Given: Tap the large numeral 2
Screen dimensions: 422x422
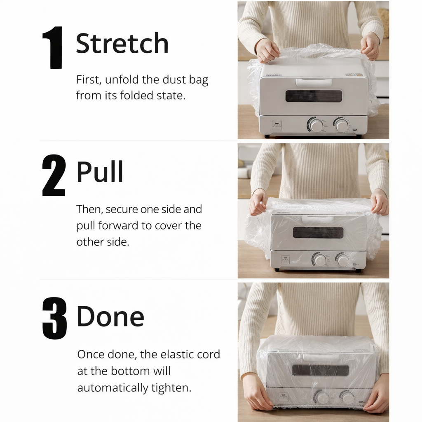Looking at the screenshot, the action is tap(54, 175).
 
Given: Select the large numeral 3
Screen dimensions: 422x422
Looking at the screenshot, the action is tap(55, 319).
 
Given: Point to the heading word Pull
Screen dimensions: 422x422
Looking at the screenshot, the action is tap(100, 172).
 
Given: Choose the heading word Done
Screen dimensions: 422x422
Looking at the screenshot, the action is tap(110, 316).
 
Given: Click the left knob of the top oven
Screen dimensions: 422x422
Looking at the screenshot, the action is tap(315, 125).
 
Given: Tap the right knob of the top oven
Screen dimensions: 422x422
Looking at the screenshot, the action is tap(342, 125).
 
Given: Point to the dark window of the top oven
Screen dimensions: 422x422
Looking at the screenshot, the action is tap(314, 96).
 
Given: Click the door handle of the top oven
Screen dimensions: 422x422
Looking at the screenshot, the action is tap(314, 82).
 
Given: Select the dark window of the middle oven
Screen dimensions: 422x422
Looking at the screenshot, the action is tap(318, 232).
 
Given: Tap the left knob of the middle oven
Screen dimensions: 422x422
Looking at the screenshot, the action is tap(320, 260).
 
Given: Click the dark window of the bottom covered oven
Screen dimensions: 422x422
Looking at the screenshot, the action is tap(320, 370).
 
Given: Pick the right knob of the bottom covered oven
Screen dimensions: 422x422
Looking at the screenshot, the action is tap(348, 398).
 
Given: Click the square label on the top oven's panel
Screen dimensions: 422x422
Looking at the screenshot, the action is tap(277, 125).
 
